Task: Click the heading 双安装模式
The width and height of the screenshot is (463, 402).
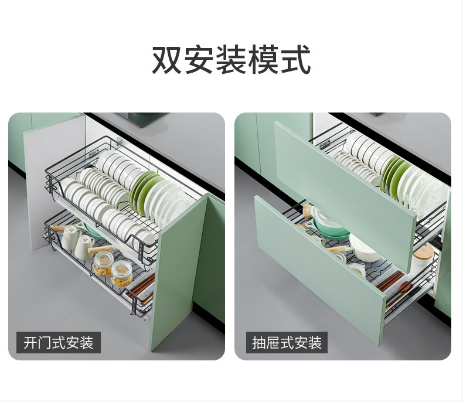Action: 231,60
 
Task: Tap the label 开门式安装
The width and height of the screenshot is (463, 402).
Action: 59,342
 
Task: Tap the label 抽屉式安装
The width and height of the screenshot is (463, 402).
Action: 287,342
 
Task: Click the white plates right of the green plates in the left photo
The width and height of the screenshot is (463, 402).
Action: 167,202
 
